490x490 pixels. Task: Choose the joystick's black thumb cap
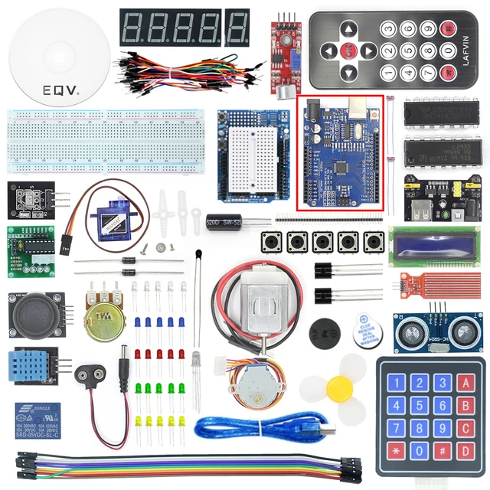[x=36, y=312]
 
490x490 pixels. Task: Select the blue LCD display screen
[x=433, y=247]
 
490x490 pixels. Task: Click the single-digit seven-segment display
[x=237, y=27]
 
